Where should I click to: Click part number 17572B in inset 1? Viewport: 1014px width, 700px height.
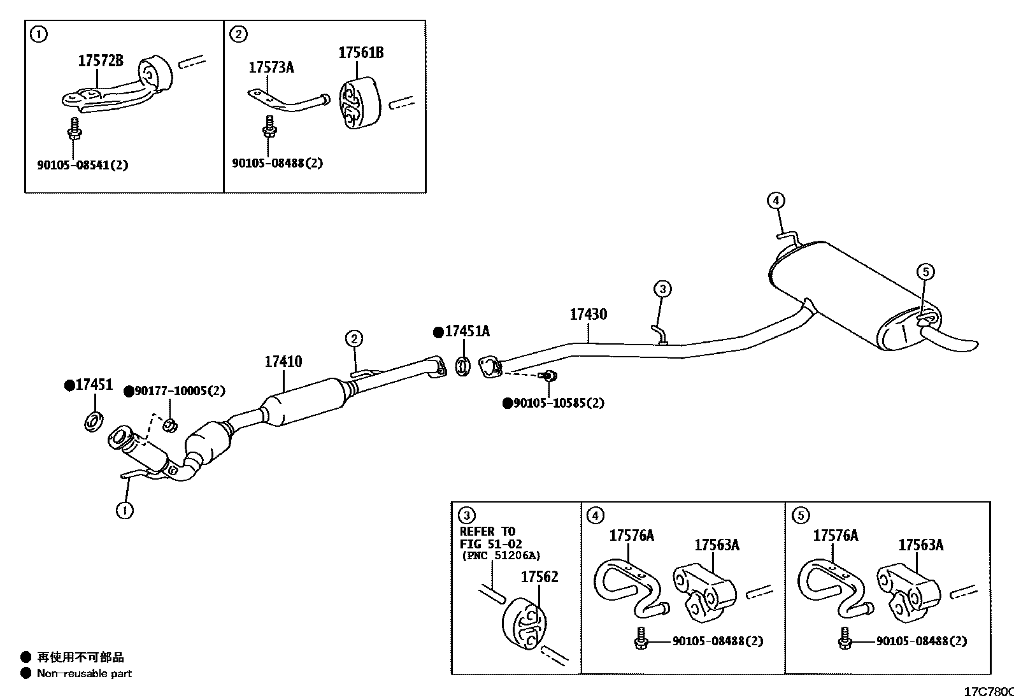(100, 61)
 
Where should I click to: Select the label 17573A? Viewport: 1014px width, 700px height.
(271, 68)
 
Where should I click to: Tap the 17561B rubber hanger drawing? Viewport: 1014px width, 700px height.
(358, 103)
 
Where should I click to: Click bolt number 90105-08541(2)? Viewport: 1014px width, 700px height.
(82, 165)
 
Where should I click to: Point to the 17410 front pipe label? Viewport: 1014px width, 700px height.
(283, 362)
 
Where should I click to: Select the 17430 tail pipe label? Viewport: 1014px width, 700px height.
(588, 315)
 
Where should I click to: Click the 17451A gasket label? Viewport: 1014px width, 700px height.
(467, 332)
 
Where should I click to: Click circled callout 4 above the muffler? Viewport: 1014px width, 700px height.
(775, 201)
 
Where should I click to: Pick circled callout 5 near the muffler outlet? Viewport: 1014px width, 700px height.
(926, 272)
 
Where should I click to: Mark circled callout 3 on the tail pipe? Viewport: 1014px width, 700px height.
(662, 289)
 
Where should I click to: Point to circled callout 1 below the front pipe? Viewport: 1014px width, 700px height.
(125, 510)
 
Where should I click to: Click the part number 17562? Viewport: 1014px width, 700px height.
(539, 577)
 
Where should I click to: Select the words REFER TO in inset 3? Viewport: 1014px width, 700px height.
(487, 532)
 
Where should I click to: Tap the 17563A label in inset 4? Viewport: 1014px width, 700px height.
(717, 545)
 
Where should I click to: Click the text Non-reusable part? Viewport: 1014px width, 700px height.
(84, 674)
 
